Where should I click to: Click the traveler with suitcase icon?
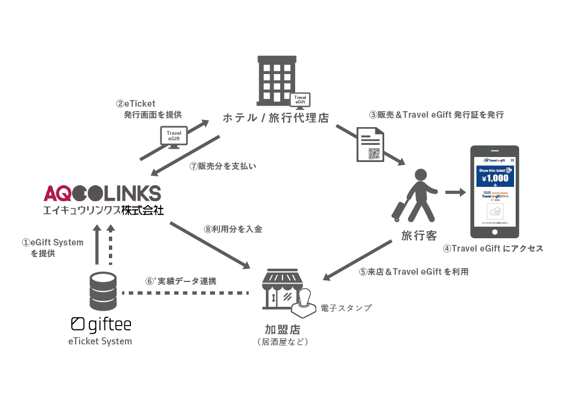point(417,195)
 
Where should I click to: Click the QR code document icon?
point(370,145)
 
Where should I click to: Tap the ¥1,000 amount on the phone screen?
point(495,179)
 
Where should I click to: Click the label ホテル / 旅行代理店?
point(275,118)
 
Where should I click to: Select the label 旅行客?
point(419,236)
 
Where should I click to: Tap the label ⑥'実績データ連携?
point(181,281)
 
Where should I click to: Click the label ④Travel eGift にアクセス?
point(493,248)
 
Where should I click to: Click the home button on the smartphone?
point(495,233)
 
